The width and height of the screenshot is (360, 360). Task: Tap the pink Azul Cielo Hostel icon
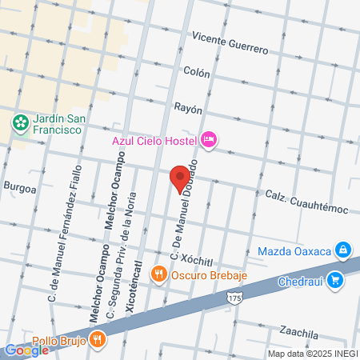pyautogui.click(x=208, y=141)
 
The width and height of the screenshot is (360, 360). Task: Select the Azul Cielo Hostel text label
pyautogui.click(x=154, y=141)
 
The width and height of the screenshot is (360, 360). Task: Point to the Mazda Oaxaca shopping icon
pyautogui.click(x=342, y=250)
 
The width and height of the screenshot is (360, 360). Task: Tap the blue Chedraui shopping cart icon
pyautogui.click(x=335, y=280)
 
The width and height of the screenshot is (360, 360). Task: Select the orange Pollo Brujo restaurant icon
pyautogui.click(x=98, y=338)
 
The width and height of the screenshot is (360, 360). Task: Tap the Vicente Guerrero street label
pyautogui.click(x=230, y=43)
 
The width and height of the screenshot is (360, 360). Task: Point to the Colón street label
pyautogui.click(x=196, y=72)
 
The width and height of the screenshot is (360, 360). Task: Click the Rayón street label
pyautogui.click(x=188, y=107)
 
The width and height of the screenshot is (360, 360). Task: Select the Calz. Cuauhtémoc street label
pyautogui.click(x=307, y=203)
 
